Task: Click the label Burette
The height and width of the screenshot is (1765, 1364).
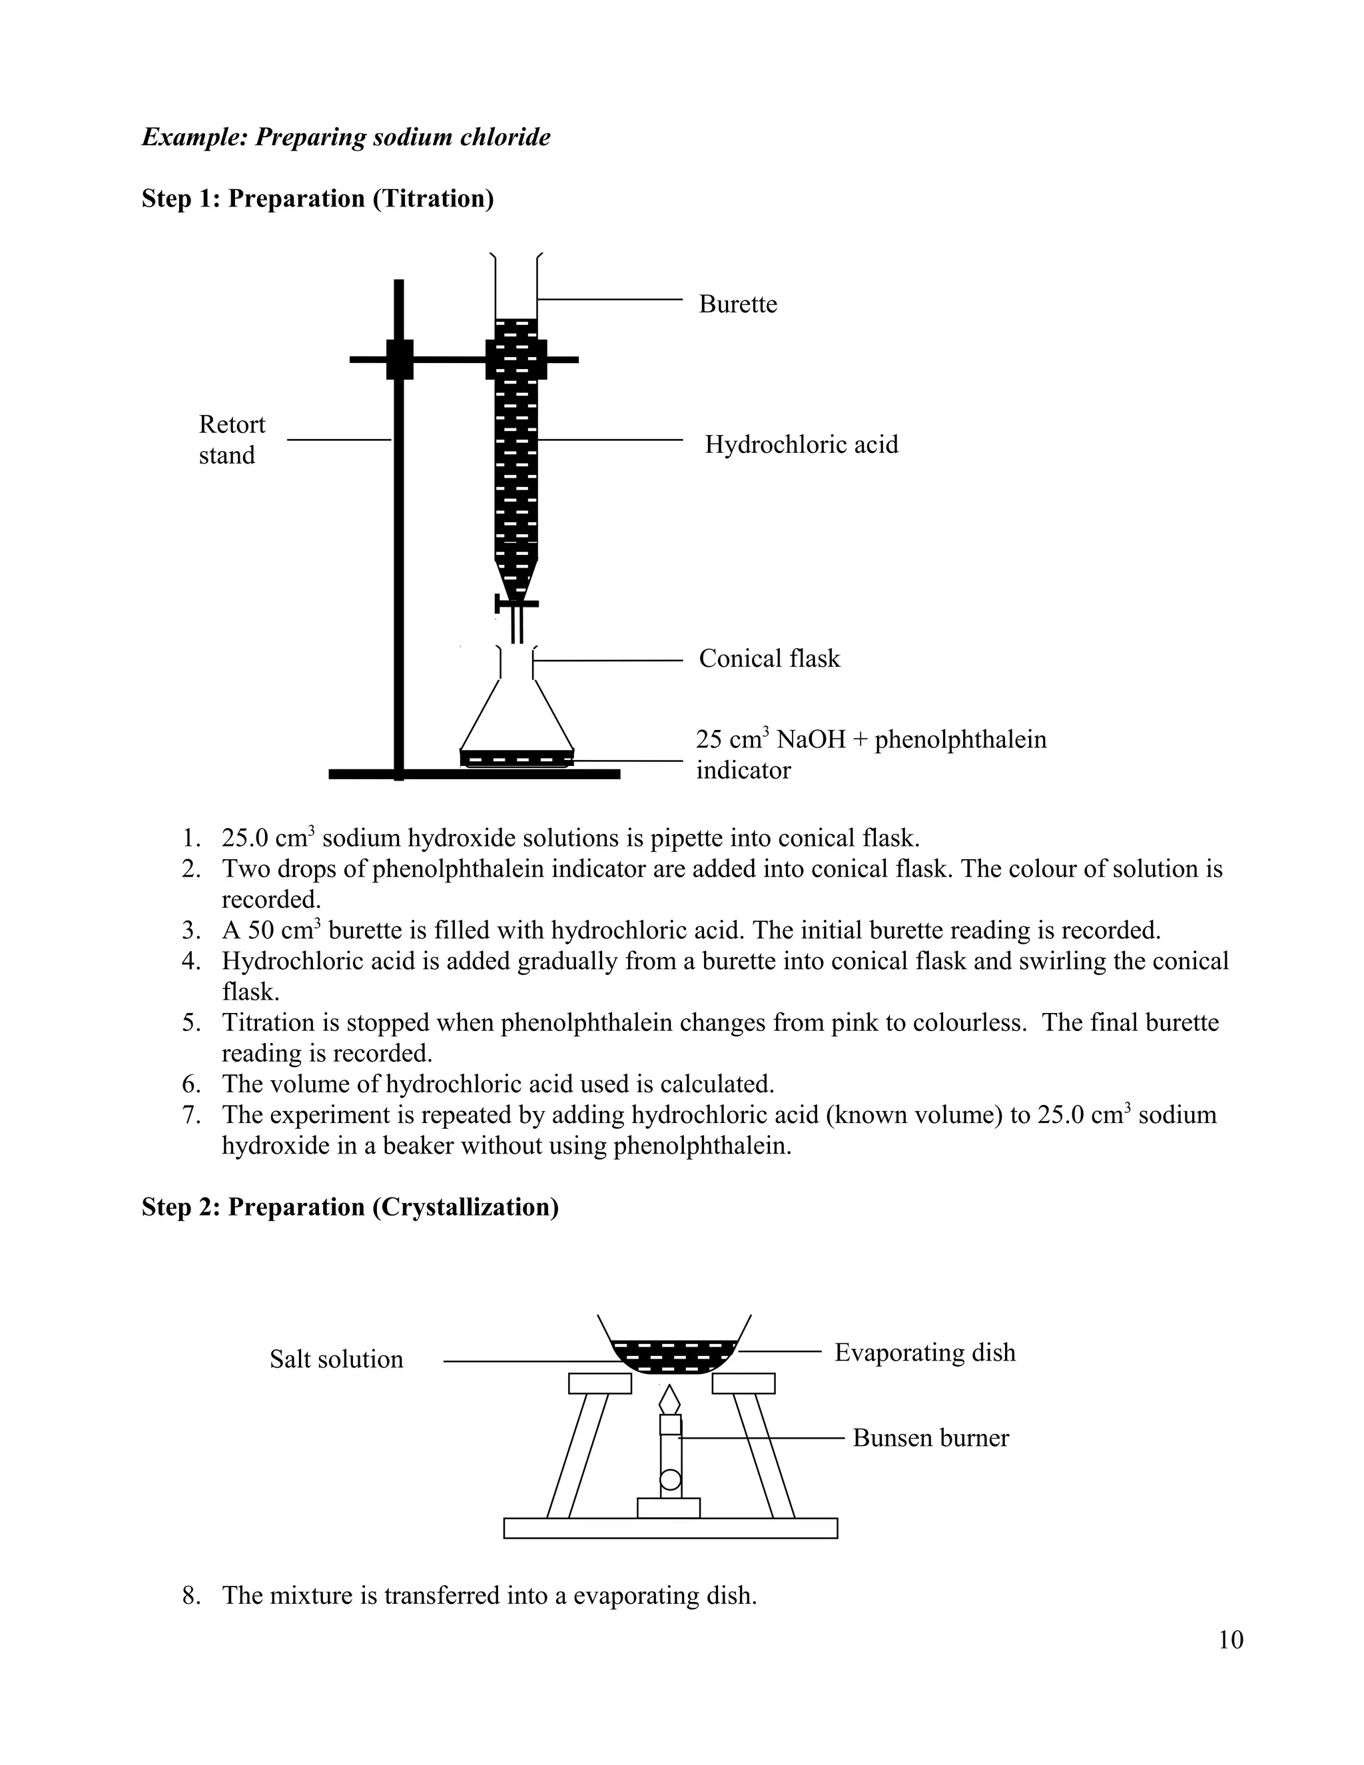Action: tap(737, 304)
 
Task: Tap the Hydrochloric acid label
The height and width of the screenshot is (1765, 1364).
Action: tap(801, 444)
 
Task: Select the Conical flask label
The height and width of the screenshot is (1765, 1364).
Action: tap(769, 659)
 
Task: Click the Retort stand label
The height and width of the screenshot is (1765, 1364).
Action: tap(231, 440)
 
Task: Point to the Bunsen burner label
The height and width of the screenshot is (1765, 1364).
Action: tap(930, 1438)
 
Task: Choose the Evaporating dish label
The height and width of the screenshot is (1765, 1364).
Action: tap(924, 1352)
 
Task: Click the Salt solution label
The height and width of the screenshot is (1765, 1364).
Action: tap(336, 1359)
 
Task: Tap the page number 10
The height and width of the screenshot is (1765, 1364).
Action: tap(1230, 1640)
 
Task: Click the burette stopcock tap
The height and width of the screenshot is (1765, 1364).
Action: tap(515, 603)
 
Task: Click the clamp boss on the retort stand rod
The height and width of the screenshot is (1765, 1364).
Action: tap(399, 360)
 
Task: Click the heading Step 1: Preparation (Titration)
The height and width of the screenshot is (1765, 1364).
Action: tap(318, 198)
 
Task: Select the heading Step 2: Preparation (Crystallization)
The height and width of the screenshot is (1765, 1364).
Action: tap(350, 1207)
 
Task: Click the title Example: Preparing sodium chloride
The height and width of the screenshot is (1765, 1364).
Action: tap(346, 137)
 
